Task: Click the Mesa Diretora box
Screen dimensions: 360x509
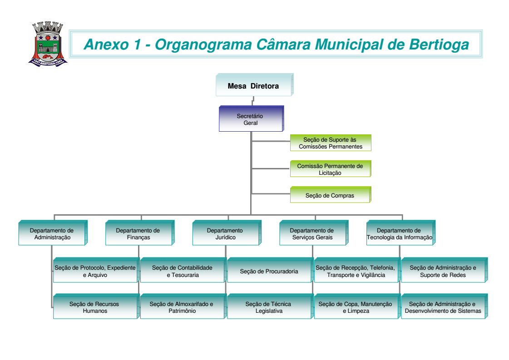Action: point(253,86)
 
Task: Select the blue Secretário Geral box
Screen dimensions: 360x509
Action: point(250,119)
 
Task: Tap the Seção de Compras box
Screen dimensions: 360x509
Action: point(330,196)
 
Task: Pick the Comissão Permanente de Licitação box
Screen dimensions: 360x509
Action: point(330,169)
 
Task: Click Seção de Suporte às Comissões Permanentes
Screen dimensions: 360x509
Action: point(330,143)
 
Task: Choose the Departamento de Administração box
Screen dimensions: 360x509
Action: point(52,234)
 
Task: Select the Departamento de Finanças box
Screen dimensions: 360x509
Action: point(138,234)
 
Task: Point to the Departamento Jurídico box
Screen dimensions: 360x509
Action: point(225,234)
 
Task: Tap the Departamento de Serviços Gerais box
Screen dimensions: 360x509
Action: point(312,234)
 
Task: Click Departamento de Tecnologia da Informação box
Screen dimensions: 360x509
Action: point(399,234)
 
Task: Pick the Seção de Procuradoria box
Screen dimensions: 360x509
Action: point(269,271)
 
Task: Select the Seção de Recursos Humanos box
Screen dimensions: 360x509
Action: point(95,307)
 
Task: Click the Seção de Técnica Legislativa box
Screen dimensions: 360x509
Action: point(269,307)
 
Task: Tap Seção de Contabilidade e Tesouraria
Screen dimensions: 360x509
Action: point(182,271)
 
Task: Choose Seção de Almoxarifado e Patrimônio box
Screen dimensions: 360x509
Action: point(182,307)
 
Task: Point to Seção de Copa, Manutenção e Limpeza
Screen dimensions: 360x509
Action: point(356,307)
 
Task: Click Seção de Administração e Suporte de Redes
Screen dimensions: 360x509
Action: point(443,271)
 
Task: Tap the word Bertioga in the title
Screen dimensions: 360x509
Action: point(439,44)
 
